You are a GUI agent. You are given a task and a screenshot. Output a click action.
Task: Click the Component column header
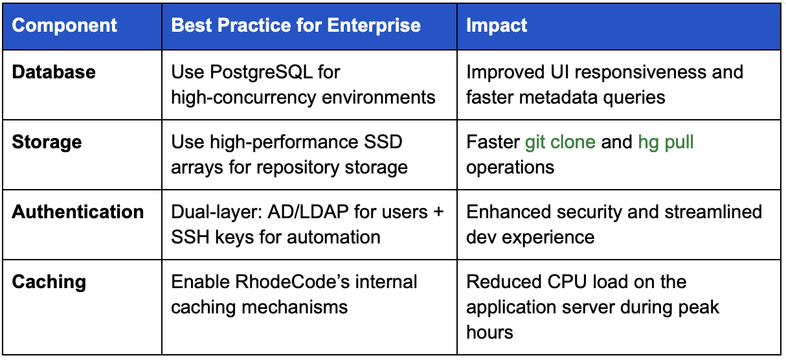pyautogui.click(x=65, y=26)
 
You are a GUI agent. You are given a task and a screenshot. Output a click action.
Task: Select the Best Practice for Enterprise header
pyautogui.click(x=296, y=26)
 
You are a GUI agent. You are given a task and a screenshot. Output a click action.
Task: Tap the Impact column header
pyautogui.click(x=497, y=26)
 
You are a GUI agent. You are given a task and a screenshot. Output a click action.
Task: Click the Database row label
pyautogui.click(x=54, y=72)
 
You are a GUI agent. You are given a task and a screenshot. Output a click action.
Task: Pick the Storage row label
pyautogui.click(x=47, y=142)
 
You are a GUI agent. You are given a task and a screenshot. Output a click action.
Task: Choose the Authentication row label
pyautogui.click(x=78, y=212)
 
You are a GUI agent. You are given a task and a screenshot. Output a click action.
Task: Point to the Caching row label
pyautogui.click(x=49, y=282)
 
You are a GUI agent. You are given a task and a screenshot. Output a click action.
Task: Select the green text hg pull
pyautogui.click(x=666, y=142)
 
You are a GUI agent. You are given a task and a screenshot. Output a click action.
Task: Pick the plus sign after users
pyautogui.click(x=437, y=212)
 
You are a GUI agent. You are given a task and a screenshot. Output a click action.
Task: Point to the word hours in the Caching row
pyautogui.click(x=489, y=332)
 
